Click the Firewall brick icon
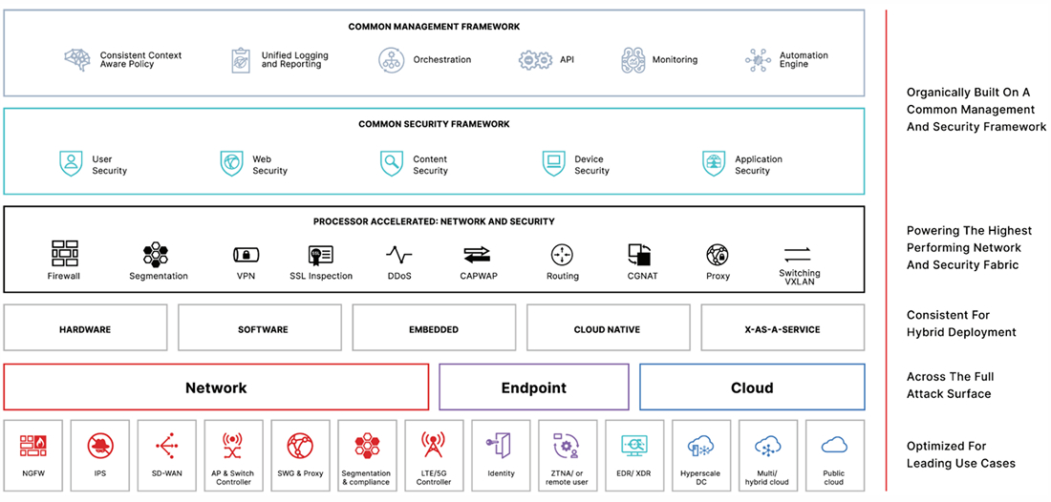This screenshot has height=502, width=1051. [x=64, y=253]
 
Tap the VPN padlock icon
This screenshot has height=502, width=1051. [x=247, y=255]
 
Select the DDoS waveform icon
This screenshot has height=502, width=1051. [x=399, y=255]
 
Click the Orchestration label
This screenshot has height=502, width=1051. [x=441, y=59]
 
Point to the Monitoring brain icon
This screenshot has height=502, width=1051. [x=633, y=60]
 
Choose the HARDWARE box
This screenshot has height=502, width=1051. [x=85, y=329]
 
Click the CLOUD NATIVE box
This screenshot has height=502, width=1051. [x=608, y=329]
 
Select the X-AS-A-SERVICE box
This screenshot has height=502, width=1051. [x=783, y=329]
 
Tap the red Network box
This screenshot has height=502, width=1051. [x=216, y=387]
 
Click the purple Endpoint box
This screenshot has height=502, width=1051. [x=533, y=387]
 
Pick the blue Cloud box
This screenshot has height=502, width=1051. [x=752, y=387]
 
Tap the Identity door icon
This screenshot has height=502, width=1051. [x=501, y=446]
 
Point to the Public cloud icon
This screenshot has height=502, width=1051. [x=834, y=445]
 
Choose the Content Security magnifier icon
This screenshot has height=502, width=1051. [x=392, y=163]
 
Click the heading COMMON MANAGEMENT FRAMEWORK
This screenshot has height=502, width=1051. [x=434, y=27]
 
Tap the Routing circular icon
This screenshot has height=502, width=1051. [x=562, y=255]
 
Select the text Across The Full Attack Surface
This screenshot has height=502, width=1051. [x=950, y=385]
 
